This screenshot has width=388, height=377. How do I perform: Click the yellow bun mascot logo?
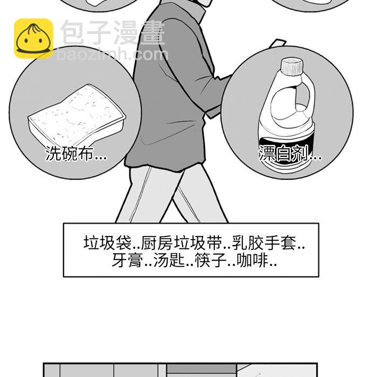33,39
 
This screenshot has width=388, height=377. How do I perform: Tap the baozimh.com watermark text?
113,54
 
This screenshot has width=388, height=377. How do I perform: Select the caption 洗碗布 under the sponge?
70,154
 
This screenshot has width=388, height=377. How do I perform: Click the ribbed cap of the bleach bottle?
292,66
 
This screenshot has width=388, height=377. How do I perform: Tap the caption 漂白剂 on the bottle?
283,153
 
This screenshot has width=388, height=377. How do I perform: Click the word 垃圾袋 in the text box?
107,243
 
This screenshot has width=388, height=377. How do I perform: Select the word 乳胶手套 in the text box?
264,243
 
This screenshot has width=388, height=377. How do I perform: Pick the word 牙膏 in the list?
127,261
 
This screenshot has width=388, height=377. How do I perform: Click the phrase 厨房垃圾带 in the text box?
182,243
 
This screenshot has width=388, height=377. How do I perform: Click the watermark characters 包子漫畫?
113,33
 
